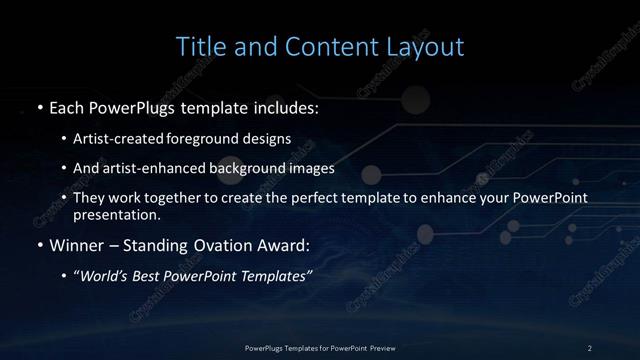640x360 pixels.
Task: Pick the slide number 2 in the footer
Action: click(589, 347)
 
